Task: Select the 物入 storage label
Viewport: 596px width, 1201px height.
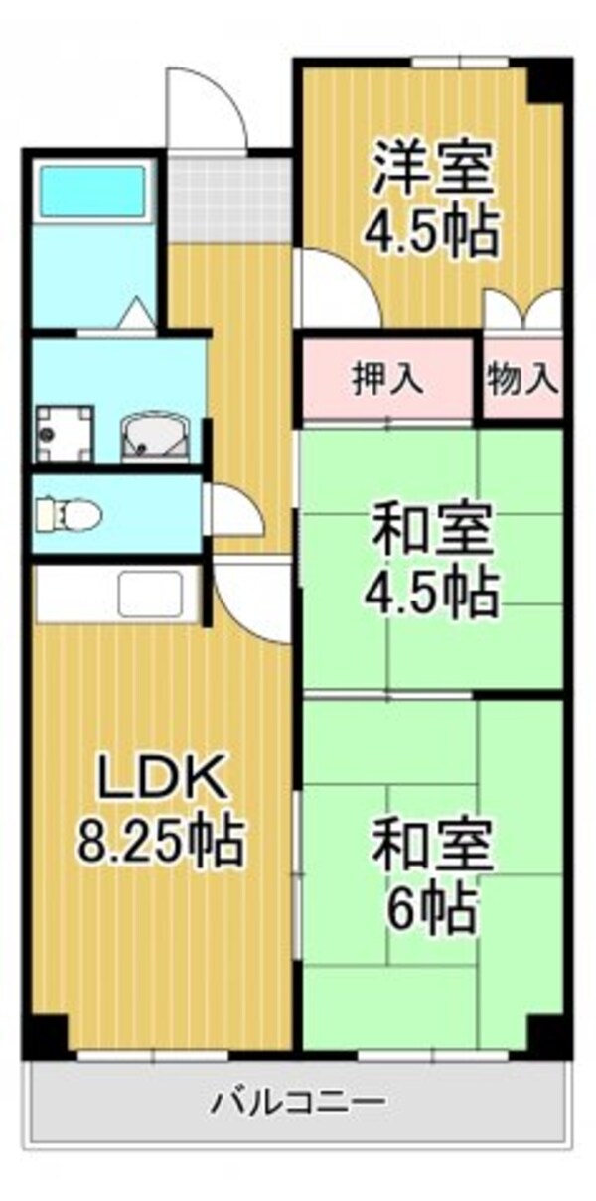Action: pyautogui.click(x=522, y=378)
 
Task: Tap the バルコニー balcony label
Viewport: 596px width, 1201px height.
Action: pyautogui.click(x=297, y=1101)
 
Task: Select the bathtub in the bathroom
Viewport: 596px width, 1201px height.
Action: pyautogui.click(x=91, y=190)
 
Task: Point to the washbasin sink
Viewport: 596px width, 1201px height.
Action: pyautogui.click(x=154, y=435)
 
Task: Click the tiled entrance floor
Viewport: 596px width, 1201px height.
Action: pyautogui.click(x=228, y=199)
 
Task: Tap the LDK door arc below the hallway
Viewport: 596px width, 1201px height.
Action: pyautogui.click(x=254, y=597)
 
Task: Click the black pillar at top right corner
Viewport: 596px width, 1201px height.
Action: pyautogui.click(x=548, y=80)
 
